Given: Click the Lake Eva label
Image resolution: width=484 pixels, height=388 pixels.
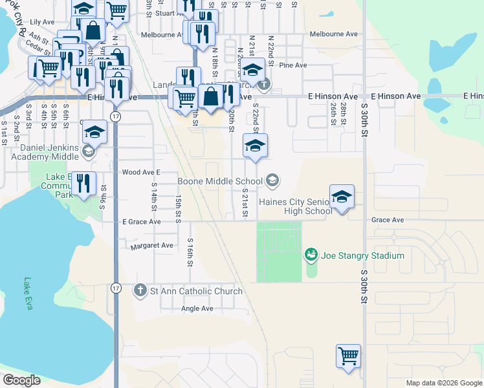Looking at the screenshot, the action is [27, 293].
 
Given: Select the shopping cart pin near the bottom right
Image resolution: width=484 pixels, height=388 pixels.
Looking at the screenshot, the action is [348, 356].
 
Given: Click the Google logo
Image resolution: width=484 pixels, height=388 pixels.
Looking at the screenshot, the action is [21, 380].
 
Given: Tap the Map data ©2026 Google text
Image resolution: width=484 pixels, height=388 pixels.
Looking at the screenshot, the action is [443, 383].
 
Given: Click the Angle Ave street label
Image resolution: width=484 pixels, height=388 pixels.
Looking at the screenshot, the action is [197, 309].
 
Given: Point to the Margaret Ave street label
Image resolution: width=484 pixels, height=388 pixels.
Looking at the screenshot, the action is [152, 246].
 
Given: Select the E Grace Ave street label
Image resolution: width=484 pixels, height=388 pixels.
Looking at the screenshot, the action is [141, 221].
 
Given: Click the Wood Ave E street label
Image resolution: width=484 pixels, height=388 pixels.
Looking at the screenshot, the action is [140, 172].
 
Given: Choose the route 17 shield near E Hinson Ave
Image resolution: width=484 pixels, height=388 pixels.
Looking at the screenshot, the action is [115, 116].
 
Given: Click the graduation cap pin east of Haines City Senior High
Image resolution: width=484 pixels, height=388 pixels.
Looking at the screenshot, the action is [342, 197].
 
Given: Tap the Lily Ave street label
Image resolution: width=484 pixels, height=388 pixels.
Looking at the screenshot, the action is [43, 22].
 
